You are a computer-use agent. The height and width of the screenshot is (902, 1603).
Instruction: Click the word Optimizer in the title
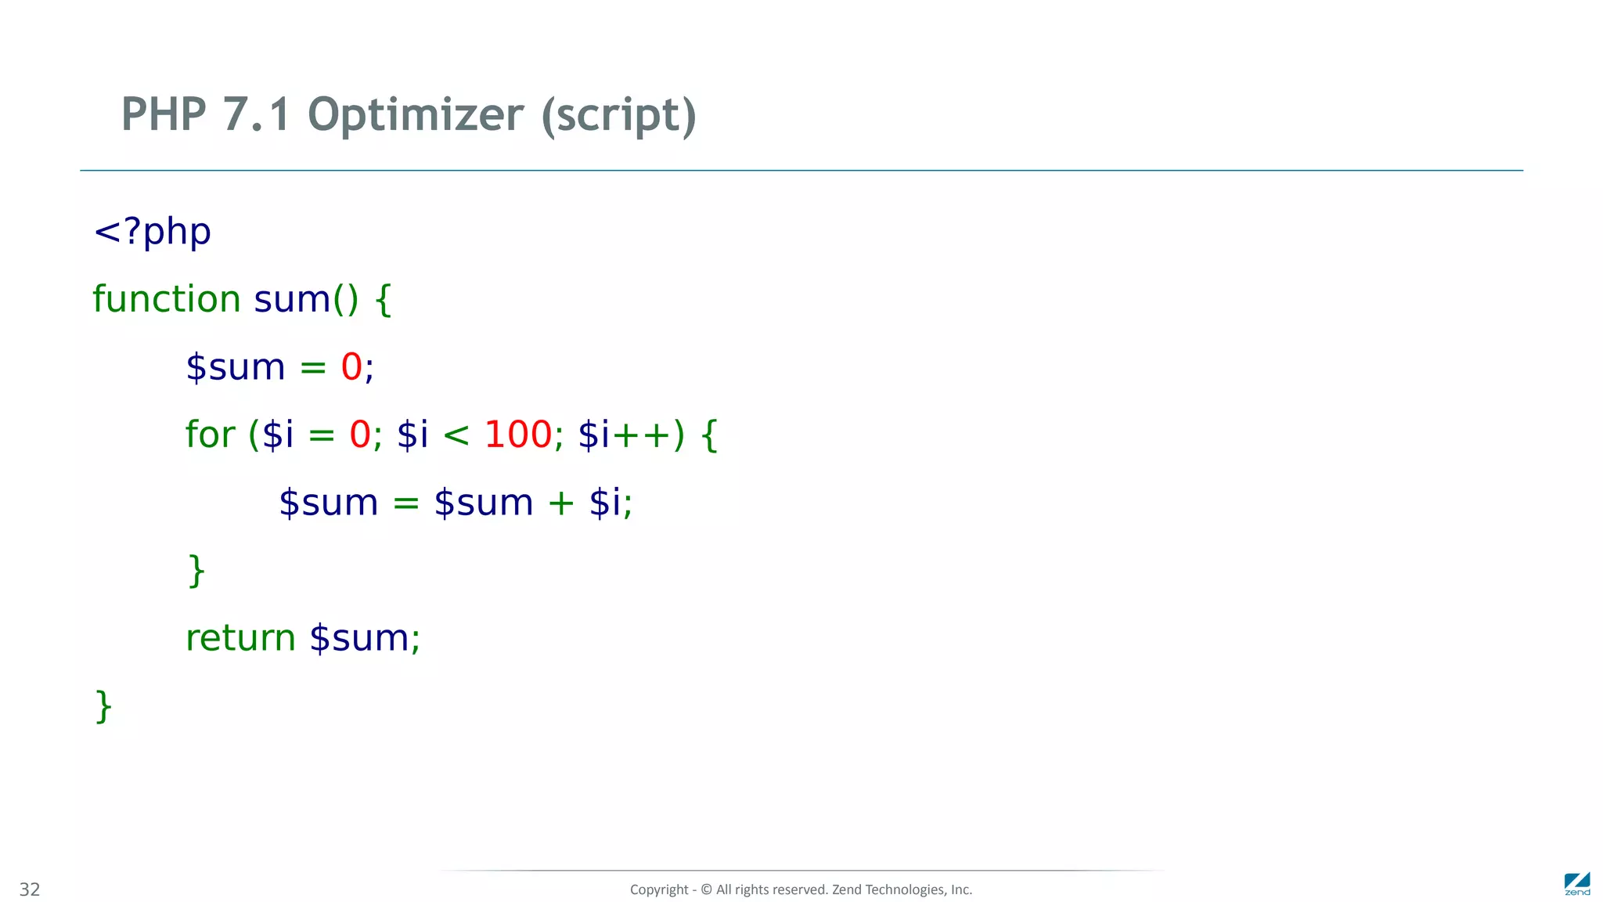(x=416, y=115)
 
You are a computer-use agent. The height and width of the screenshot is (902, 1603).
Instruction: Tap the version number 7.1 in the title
(x=256, y=115)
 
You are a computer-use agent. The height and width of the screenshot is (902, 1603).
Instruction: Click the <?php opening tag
(x=152, y=232)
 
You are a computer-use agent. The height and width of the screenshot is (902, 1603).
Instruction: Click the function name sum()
(x=306, y=299)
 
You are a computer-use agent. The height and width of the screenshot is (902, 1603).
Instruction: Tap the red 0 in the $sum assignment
(x=351, y=366)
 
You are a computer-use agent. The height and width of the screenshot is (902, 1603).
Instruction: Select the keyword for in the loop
(x=210, y=435)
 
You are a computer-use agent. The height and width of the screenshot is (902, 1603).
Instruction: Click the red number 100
(x=518, y=435)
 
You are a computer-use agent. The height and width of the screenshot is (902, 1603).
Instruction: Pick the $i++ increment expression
(x=624, y=435)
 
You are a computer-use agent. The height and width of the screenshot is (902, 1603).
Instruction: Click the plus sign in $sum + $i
(x=560, y=503)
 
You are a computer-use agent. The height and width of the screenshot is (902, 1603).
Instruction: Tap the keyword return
(x=240, y=638)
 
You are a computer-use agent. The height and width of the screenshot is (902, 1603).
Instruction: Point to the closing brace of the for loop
(x=196, y=571)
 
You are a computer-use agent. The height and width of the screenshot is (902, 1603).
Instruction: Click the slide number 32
(x=30, y=889)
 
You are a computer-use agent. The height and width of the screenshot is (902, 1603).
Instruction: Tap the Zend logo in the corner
(x=1576, y=884)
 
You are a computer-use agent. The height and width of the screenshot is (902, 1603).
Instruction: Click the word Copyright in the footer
(x=659, y=889)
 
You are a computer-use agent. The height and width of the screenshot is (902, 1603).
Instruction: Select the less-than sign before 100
(x=456, y=435)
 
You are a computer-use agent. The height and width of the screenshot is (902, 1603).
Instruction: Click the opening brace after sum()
(x=383, y=300)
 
